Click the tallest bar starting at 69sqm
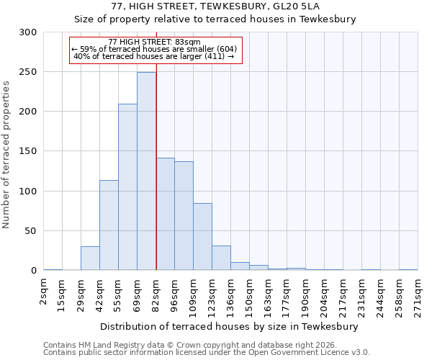[x=146, y=171]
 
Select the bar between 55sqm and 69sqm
[x=127, y=187]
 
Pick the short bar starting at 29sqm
[x=90, y=258]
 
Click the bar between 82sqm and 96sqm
[x=165, y=214]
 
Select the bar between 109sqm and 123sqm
[x=202, y=237]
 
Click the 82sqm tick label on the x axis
[x=156, y=292]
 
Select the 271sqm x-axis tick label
[x=418, y=295]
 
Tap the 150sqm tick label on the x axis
[x=249, y=295]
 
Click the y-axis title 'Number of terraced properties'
[x=6, y=154]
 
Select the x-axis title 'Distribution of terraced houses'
[x=230, y=326]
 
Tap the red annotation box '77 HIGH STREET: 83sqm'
[x=156, y=50]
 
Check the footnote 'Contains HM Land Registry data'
[x=206, y=345]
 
